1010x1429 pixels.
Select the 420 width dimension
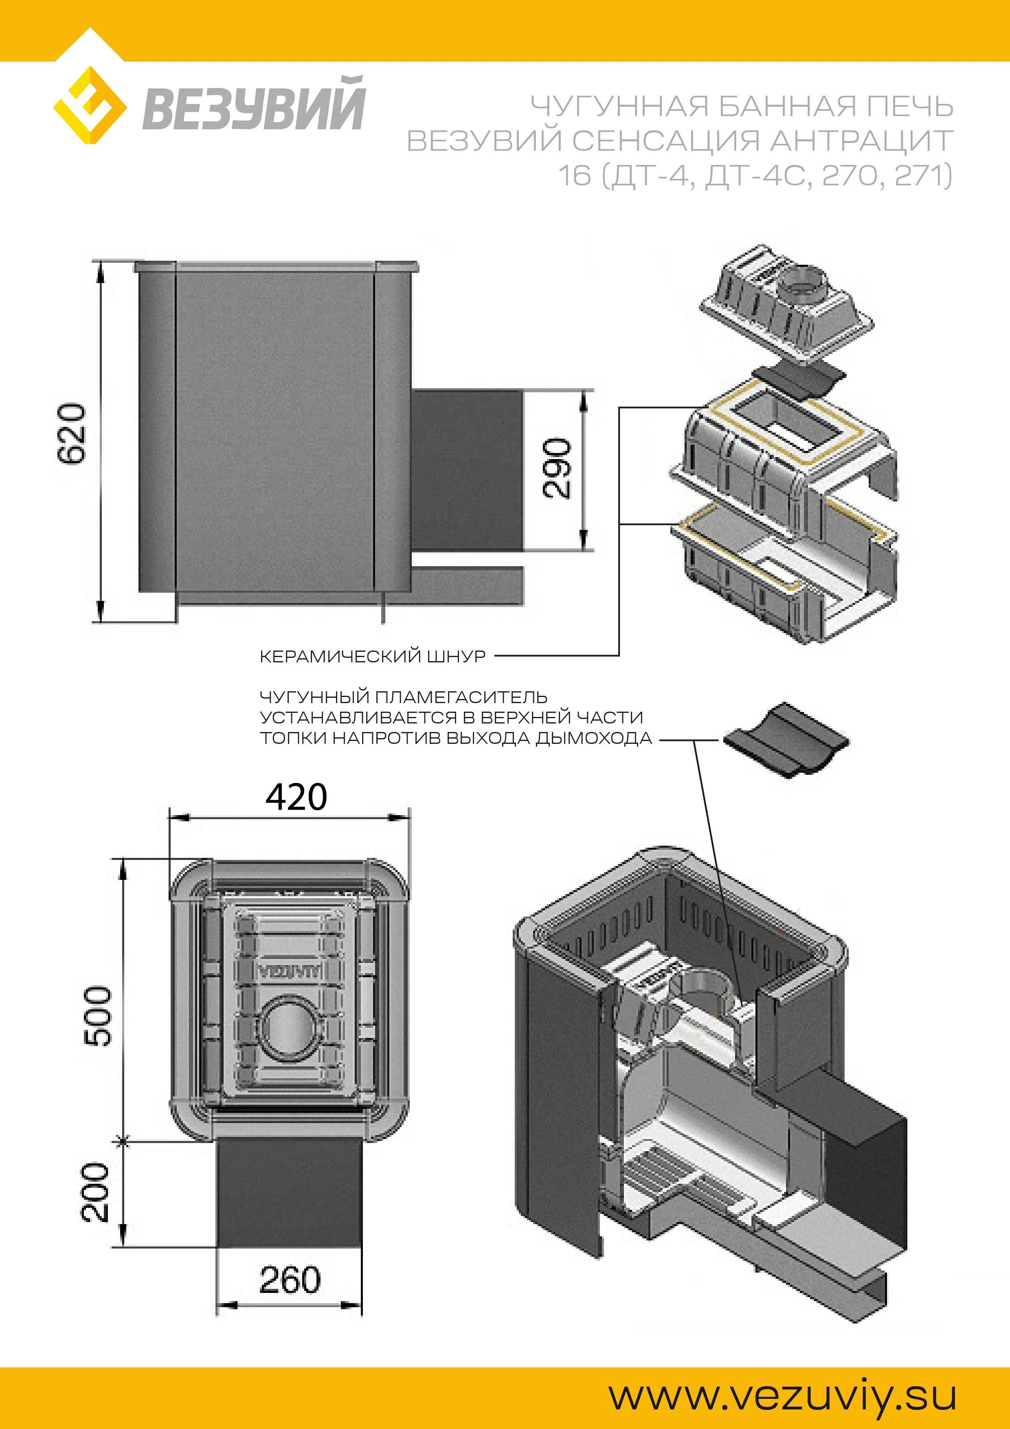pyautogui.click(x=296, y=797)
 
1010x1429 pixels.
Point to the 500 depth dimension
pyautogui.click(x=98, y=1015)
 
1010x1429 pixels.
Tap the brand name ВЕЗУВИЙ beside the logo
pyautogui.click(x=254, y=105)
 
